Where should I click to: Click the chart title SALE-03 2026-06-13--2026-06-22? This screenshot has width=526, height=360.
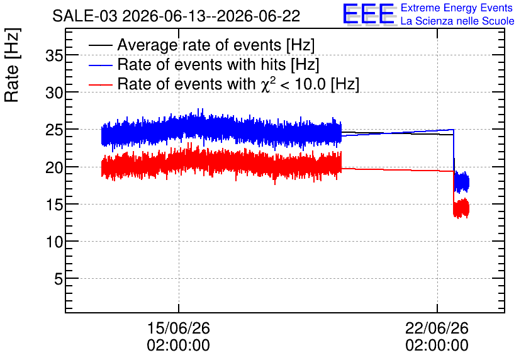(176, 16)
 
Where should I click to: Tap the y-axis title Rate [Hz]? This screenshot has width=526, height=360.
(12, 65)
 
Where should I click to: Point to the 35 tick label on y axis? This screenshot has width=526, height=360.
(54, 55)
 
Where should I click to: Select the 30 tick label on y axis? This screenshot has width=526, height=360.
(54, 93)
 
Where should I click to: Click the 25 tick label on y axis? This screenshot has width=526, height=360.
(54, 130)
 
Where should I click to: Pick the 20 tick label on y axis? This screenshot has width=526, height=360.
(54, 167)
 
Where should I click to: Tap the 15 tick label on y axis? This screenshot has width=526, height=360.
(54, 205)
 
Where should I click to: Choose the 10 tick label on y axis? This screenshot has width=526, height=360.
(54, 242)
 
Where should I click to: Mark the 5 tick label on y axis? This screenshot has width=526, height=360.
(59, 279)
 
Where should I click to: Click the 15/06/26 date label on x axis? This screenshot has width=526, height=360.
(179, 328)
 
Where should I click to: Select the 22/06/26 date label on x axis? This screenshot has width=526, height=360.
(437, 328)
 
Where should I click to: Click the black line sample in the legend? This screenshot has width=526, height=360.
(100, 45)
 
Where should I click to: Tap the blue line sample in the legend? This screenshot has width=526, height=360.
(100, 65)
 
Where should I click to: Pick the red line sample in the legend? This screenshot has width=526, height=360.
(100, 84)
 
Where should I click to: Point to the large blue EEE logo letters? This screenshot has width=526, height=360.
(369, 14)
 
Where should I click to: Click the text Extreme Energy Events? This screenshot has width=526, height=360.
(457, 8)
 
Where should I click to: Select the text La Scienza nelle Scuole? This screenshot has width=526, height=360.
(457, 21)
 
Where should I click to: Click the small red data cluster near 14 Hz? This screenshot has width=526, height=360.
(461, 208)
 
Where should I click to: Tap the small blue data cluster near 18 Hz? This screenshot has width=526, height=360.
(462, 182)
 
